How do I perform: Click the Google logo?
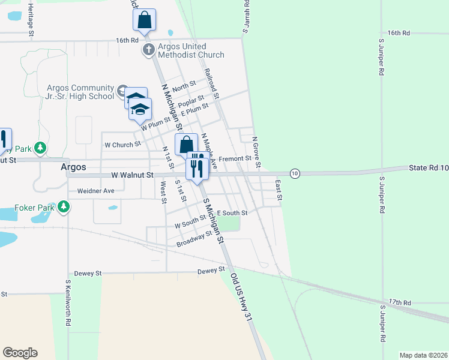point(20,353)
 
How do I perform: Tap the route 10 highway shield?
point(294,173)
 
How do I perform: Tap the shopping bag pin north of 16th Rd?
point(144,21)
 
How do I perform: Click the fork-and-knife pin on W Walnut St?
point(197,167)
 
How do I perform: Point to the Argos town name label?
point(73,167)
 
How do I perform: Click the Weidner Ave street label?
point(95,191)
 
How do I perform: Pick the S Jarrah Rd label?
point(246,18)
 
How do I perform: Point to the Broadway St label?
point(194,239)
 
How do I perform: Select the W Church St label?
point(122,145)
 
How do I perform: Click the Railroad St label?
point(212,83)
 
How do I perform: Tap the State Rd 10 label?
point(429,168)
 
